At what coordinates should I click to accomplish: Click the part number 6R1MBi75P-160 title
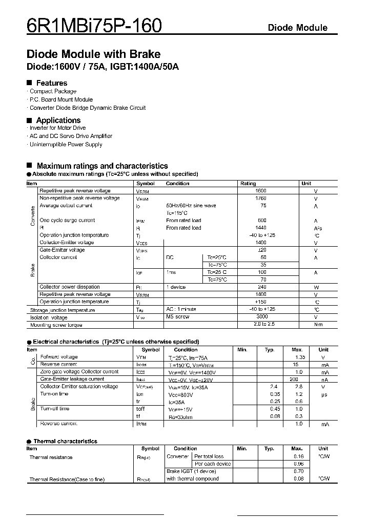pyautogui.click(x=94, y=25)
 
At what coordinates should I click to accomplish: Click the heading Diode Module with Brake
pyautogui.click(x=93, y=54)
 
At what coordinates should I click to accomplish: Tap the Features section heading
pyautogui.click(x=51, y=83)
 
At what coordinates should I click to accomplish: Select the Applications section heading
pyautogui.click(x=58, y=120)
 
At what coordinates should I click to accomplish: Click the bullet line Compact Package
pyautogui.click(x=53, y=91)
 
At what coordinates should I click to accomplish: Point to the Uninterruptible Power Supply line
pyautogui.click(x=66, y=145)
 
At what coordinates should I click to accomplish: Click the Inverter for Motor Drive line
pyautogui.click(x=57, y=128)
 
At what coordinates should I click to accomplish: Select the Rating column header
pyautogui.click(x=248, y=183)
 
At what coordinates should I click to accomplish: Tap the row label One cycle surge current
pyautogui.click(x=67, y=221)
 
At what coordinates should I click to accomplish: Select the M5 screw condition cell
pyautogui.click(x=178, y=317)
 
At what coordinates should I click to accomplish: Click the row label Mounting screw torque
pyautogui.click(x=56, y=325)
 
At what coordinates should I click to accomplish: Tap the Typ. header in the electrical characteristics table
pyautogui.click(x=270, y=349)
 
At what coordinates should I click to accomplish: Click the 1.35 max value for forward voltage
pyautogui.click(x=300, y=357)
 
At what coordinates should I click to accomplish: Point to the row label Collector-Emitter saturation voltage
pyautogui.click(x=79, y=387)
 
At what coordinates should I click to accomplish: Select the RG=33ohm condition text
pyautogui.click(x=178, y=416)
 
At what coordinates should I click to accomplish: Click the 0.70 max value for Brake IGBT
pyautogui.click(x=299, y=471)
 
